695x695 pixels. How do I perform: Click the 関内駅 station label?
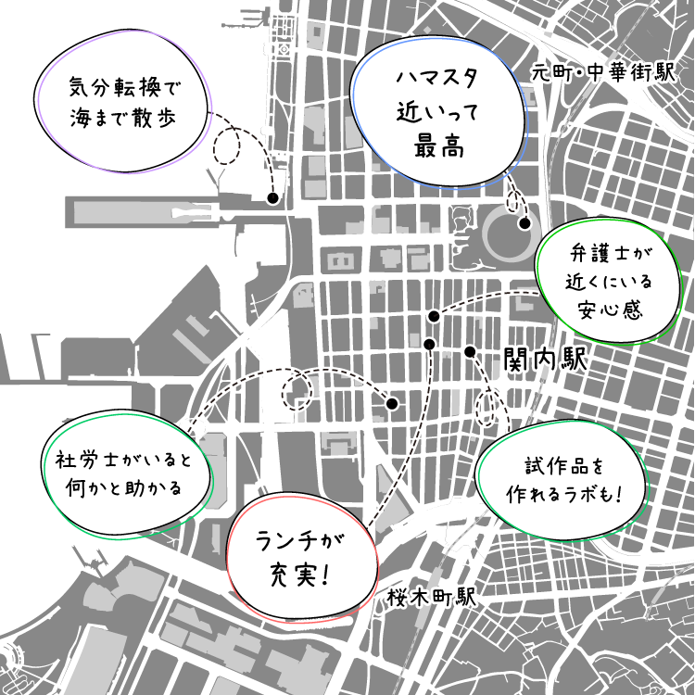[546, 360]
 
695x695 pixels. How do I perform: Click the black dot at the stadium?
[524, 223]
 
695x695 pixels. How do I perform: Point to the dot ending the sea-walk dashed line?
[272, 198]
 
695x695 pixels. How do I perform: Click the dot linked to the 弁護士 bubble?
[433, 317]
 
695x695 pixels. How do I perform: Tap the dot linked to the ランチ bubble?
[429, 345]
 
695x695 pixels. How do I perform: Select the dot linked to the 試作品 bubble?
[470, 351]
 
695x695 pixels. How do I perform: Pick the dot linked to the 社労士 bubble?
[392, 405]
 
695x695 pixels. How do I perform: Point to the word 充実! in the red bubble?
[302, 574]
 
